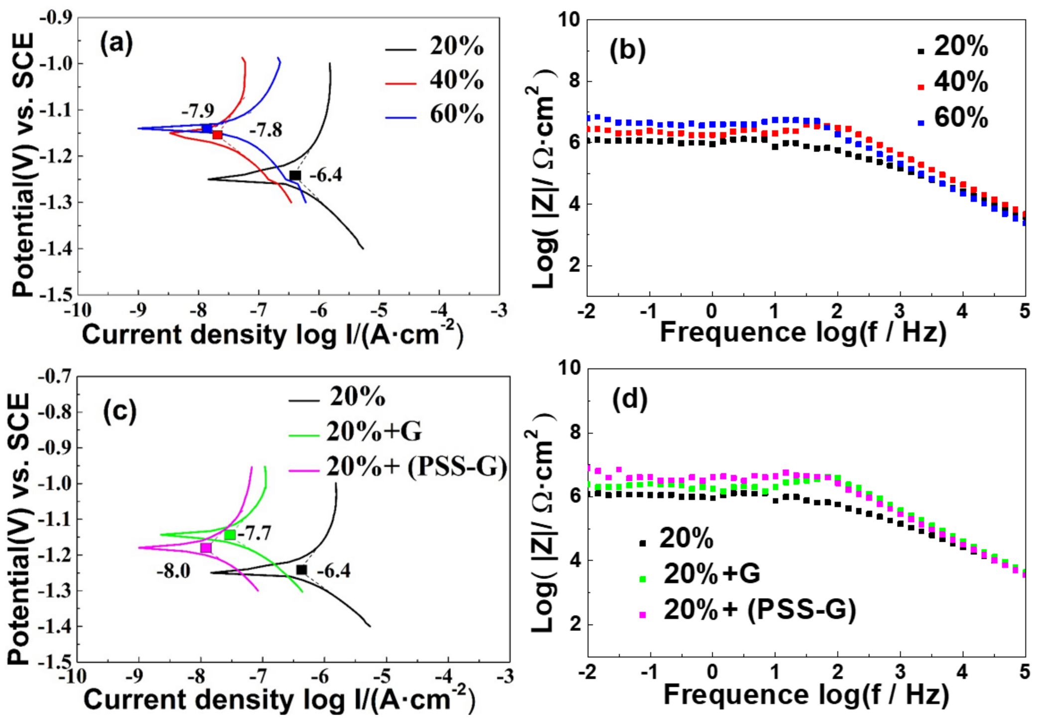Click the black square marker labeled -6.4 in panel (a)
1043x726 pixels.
pyautogui.click(x=295, y=175)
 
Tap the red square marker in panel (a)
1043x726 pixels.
pyautogui.click(x=218, y=135)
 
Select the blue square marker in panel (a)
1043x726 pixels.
pyautogui.click(x=207, y=129)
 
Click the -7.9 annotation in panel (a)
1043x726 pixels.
pyautogui.click(x=198, y=111)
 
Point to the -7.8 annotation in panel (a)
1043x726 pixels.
pyautogui.click(x=265, y=130)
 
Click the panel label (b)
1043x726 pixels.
pyautogui.click(x=627, y=50)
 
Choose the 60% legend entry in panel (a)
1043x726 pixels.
pyautogui.click(x=434, y=115)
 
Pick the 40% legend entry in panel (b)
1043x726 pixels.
pyautogui.click(x=953, y=82)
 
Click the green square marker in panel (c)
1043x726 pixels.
pyautogui.click(x=230, y=535)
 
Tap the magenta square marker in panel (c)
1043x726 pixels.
pyautogui.click(x=206, y=548)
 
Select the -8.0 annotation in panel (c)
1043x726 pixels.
pyautogui.click(x=173, y=571)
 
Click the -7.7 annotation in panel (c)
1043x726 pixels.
pyautogui.click(x=255, y=534)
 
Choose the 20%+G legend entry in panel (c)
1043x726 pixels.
pyautogui.click(x=355, y=432)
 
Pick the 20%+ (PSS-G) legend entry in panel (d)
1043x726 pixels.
pyautogui.click(x=748, y=610)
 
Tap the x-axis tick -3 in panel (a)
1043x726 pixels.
pyautogui.click(x=499, y=310)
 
